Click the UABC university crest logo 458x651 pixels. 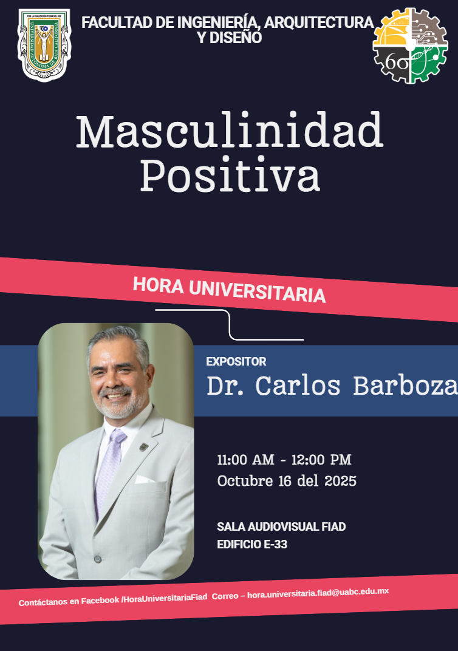coord(44,45)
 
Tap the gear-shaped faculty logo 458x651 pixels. coord(410,46)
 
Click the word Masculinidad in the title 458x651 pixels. coord(230,131)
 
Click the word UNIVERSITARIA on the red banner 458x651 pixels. coord(258,292)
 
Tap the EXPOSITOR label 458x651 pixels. coord(236,361)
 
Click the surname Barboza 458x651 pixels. coord(405,386)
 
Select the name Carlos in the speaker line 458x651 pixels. coord(297,386)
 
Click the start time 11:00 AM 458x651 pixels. coord(245,460)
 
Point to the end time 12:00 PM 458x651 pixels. coord(321,460)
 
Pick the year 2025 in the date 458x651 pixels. coord(340,481)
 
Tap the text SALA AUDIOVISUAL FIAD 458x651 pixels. coord(281,527)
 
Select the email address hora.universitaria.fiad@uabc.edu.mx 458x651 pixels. coord(318,593)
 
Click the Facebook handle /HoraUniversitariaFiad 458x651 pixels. coord(164,598)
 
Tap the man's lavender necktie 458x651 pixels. coord(109,469)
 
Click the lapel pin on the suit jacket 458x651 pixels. coord(144,447)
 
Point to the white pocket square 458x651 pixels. coord(144,480)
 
